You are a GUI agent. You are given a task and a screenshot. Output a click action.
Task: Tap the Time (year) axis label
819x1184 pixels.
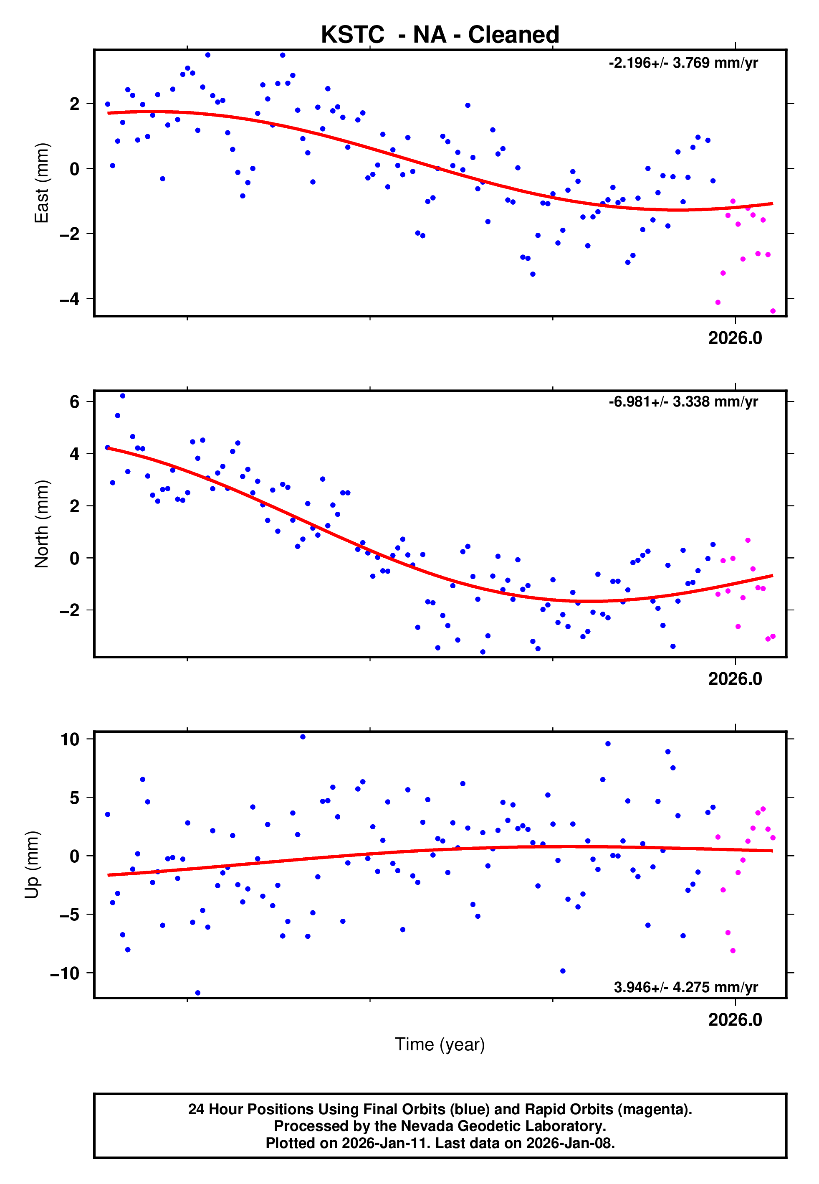tap(440, 1044)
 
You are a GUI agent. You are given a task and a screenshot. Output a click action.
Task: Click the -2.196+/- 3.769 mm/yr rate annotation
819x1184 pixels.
tap(683, 63)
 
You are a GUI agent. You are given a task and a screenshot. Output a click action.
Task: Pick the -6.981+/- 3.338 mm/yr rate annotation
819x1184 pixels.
tap(683, 401)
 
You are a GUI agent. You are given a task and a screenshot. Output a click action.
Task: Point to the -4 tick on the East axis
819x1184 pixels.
tap(70, 299)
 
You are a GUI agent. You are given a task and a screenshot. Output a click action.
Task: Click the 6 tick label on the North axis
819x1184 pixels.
tap(75, 401)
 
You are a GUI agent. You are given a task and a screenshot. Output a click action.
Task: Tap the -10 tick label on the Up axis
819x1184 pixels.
tap(65, 973)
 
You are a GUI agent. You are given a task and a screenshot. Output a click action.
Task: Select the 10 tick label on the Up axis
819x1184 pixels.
tap(70, 739)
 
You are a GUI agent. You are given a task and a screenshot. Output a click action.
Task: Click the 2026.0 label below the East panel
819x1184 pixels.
tap(735, 338)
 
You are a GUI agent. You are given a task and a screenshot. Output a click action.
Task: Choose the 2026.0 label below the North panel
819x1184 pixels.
tap(735, 679)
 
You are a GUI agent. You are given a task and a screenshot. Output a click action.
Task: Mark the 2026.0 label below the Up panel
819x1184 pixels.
tap(735, 1020)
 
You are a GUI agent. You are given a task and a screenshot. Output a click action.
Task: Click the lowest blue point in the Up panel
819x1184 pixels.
tap(197, 993)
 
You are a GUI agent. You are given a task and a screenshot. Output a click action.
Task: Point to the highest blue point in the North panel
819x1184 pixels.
tap(123, 396)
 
